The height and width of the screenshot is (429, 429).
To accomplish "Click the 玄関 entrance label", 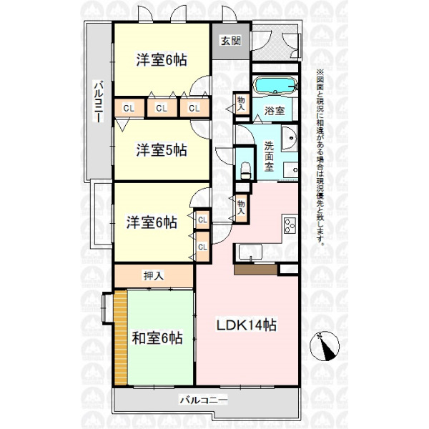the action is tap(231, 41).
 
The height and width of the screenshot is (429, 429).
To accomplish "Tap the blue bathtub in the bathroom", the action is tap(275, 86).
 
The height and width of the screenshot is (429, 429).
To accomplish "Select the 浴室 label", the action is tap(274, 111).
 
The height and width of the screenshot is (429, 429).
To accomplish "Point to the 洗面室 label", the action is tap(269, 156).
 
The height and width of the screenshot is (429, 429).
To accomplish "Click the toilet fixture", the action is tap(245, 170).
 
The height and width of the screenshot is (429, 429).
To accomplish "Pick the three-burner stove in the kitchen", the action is tap(290, 225).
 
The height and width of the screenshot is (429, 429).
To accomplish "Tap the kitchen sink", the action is tap(250, 252).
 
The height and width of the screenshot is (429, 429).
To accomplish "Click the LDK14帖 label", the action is tap(247, 325).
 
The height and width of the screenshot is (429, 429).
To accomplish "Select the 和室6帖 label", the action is tap(157, 338).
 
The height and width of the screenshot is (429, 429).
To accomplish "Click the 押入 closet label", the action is tap(154, 276).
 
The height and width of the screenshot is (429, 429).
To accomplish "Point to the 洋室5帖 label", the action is tap(162, 150).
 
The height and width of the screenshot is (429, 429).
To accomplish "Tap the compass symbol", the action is tap(325, 346).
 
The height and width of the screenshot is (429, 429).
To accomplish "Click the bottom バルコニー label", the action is tap(203, 401).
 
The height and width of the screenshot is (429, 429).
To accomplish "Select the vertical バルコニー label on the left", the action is tap(99, 101).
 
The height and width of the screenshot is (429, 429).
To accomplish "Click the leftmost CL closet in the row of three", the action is tap(129, 108).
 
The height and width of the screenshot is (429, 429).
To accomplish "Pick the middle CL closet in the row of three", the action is tap(162, 108).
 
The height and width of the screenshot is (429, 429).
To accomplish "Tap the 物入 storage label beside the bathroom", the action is tap(241, 104).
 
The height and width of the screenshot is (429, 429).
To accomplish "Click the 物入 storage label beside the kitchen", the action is tap(241, 207).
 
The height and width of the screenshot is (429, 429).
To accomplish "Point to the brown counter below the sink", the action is tap(255, 270).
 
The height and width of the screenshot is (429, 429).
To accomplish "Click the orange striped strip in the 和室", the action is tap(121, 337).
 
